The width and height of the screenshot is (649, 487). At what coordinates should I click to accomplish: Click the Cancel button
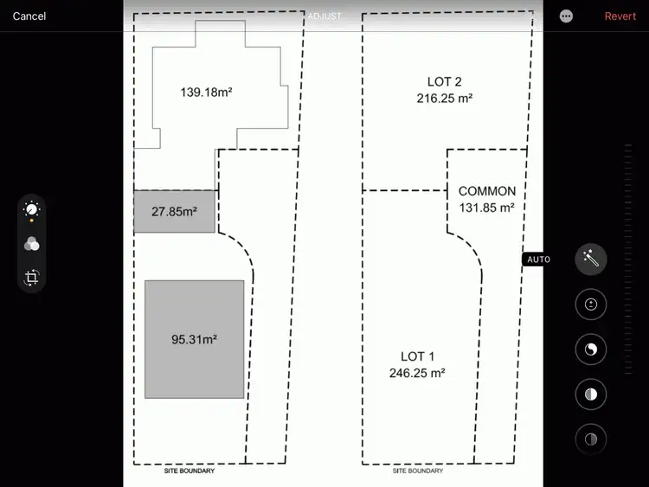point(29,16)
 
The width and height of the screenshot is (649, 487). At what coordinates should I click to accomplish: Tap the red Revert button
point(620,16)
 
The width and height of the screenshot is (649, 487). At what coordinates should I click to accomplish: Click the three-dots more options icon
point(566,16)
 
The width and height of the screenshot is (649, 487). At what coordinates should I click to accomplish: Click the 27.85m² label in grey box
point(174,210)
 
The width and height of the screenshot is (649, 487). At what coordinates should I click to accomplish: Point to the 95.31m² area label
point(194,339)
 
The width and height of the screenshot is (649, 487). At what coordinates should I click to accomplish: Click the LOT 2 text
point(445,82)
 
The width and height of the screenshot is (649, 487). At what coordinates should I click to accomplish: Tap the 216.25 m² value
point(445,99)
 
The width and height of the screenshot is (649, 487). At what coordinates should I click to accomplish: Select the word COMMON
point(487,191)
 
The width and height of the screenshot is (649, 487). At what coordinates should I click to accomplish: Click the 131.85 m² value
point(487,208)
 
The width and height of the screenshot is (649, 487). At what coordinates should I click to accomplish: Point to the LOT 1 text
point(418,356)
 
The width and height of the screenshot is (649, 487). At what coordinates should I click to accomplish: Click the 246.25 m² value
point(417,373)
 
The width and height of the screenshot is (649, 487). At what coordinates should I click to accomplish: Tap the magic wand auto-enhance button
point(591,259)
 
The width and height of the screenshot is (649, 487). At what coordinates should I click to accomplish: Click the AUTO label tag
point(538,260)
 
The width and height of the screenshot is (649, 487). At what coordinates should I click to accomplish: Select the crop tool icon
point(32,278)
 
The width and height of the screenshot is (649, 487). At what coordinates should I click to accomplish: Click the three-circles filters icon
point(32,244)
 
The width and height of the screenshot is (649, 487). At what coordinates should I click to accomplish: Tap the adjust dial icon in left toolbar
point(32,209)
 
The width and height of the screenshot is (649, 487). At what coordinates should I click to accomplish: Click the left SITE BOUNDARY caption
point(190,471)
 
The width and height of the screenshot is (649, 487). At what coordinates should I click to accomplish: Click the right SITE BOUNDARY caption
point(418,471)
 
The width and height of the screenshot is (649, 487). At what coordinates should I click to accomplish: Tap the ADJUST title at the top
point(324,16)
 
